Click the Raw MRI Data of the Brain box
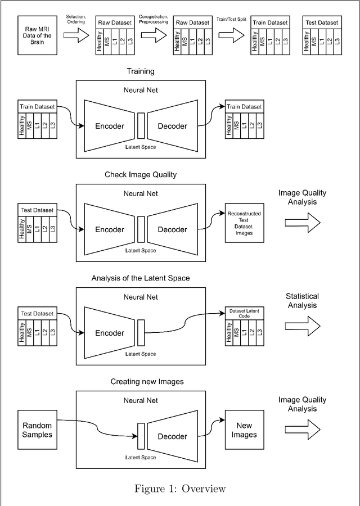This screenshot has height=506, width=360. (x=37, y=36)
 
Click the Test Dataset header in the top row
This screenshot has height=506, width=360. (x=322, y=22)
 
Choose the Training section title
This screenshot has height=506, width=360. (x=140, y=71)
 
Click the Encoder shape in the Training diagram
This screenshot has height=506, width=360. (x=109, y=126)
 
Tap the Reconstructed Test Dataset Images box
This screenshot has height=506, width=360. (x=244, y=223)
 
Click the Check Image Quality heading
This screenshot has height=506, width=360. (x=140, y=175)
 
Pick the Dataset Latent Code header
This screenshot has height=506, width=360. (x=244, y=313)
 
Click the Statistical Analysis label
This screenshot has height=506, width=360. (x=302, y=301)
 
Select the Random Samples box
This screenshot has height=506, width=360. (x=37, y=430)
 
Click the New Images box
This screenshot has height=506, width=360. (x=244, y=430)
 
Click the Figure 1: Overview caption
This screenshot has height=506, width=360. (x=180, y=489)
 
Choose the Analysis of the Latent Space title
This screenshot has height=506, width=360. (x=140, y=278)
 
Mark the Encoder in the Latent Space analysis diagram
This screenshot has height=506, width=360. (x=109, y=333)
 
